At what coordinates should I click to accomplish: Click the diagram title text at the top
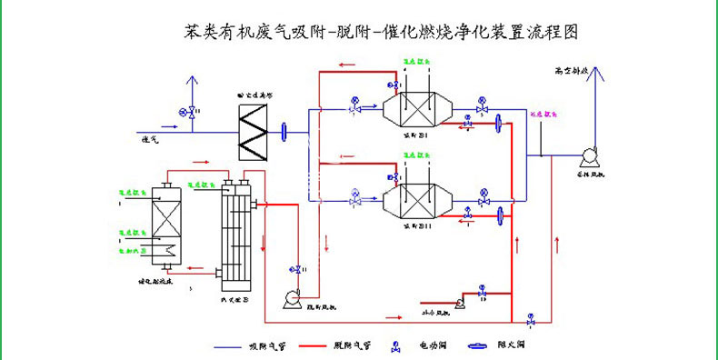380,32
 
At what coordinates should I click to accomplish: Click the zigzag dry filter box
254,133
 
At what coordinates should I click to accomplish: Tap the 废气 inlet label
150,139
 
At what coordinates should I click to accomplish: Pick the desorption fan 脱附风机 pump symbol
293,296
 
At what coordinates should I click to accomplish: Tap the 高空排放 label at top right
573,70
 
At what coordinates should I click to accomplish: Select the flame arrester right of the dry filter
285,133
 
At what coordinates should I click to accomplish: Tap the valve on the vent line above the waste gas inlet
192,111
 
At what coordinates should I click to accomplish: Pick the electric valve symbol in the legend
397,345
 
